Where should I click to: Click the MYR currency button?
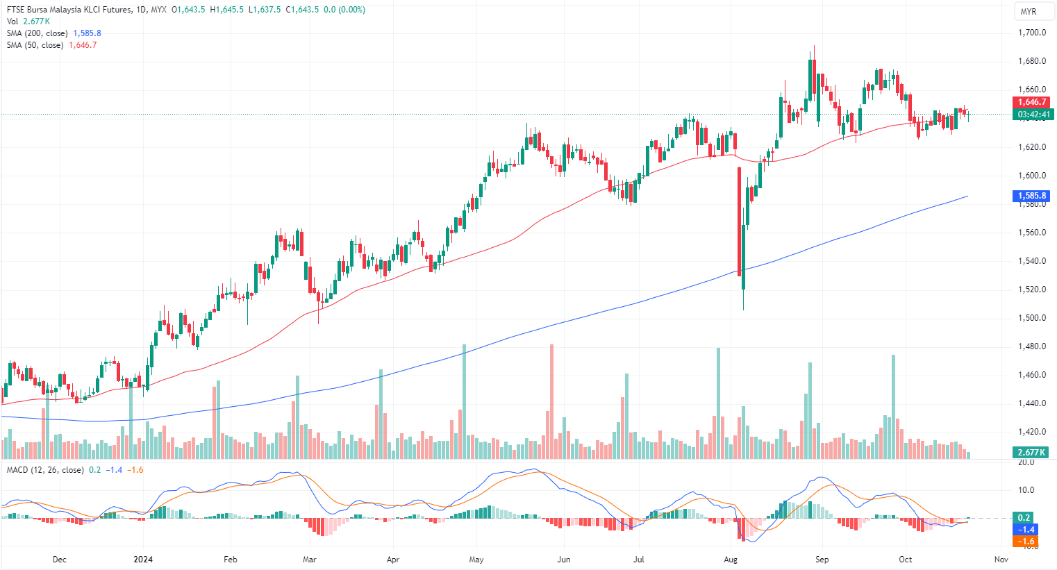[x=1028, y=12]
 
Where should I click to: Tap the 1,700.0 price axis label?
[x=1031, y=33]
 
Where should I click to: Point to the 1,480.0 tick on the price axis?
[x=1031, y=346]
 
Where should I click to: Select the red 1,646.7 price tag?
[x=1032, y=102]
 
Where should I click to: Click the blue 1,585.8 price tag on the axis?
[x=1032, y=196]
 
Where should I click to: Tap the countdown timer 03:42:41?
[x=1033, y=114]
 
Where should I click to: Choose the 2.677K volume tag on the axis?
[x=1031, y=452]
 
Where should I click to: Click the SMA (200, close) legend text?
[x=38, y=33]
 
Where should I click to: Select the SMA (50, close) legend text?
[x=35, y=45]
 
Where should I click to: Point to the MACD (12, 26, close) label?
[x=45, y=470]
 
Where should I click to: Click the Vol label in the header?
[x=13, y=22]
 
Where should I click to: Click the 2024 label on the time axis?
[x=143, y=559]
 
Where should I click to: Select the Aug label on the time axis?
[x=730, y=559]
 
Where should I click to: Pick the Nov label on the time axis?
[x=1001, y=559]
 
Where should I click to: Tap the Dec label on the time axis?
[x=60, y=559]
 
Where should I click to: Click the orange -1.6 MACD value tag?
[x=1026, y=541]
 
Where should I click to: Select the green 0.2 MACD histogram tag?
[x=1024, y=518]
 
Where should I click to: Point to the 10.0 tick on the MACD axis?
[x=1026, y=490]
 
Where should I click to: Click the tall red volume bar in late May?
[x=551, y=401]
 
